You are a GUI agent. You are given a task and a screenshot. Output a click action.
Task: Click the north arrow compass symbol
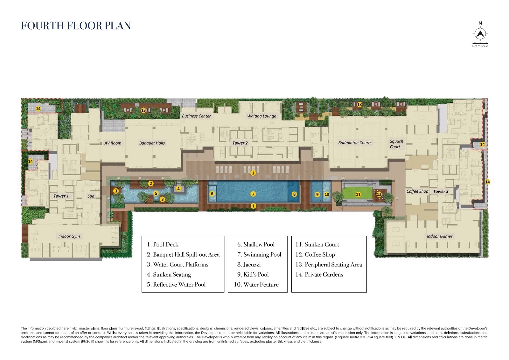tap(480, 33)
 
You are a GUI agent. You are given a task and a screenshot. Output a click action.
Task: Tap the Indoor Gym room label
tap(69, 236)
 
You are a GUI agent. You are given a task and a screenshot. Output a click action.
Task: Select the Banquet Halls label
tap(152, 143)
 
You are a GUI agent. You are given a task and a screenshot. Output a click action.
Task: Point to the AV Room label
tap(113, 143)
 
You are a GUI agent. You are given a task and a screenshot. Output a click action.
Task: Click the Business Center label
tap(196, 116)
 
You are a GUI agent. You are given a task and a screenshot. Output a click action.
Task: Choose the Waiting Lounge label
tap(261, 116)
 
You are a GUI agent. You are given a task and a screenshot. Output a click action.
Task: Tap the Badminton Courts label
tap(355, 143)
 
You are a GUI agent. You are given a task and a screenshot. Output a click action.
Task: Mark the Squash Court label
tap(396, 144)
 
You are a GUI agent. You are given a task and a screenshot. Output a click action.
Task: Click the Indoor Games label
tap(440, 236)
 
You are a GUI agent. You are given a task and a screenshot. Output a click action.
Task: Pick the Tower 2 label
tap(240, 143)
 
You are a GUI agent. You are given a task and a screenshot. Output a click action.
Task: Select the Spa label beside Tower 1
tap(91, 196)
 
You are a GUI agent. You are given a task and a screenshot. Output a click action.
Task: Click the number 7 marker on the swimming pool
tap(253, 194)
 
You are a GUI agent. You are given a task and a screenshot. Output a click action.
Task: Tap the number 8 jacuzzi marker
tap(294, 194)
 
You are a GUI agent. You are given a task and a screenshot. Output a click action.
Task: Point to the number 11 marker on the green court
tap(358, 194)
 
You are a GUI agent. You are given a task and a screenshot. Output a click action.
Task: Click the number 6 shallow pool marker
tap(212, 194)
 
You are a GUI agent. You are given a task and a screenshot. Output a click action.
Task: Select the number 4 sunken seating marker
tap(178, 189)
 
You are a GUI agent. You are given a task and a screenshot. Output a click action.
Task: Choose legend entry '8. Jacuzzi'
tap(249, 265)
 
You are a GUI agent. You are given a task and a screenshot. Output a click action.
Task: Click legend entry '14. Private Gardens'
tap(319, 274)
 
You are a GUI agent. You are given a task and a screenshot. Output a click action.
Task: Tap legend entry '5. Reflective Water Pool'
tap(176, 285)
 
